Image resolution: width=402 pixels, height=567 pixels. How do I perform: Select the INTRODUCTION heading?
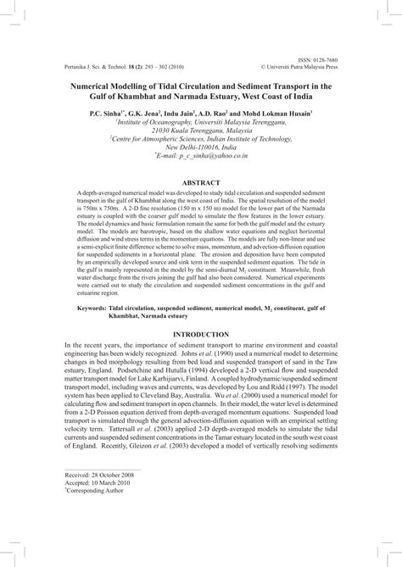tap(201, 335)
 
